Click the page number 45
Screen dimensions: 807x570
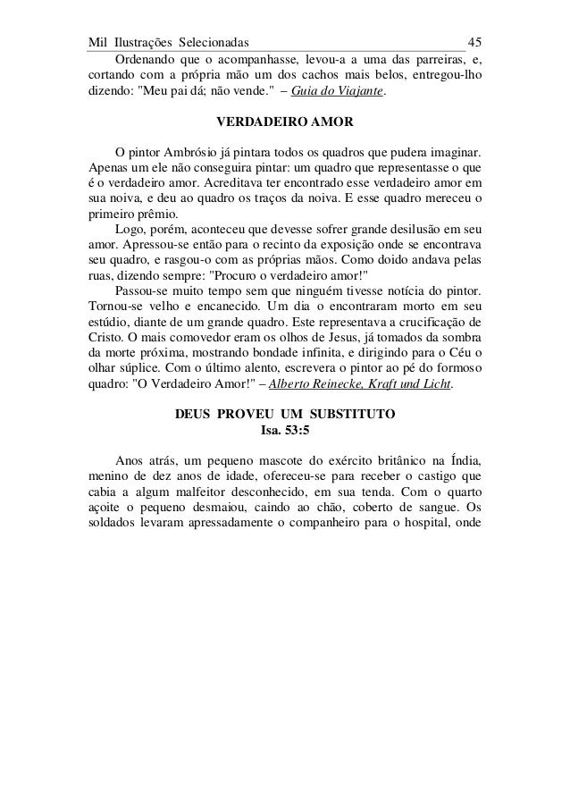coord(475,42)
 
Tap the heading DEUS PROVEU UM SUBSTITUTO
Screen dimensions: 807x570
coord(285,416)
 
